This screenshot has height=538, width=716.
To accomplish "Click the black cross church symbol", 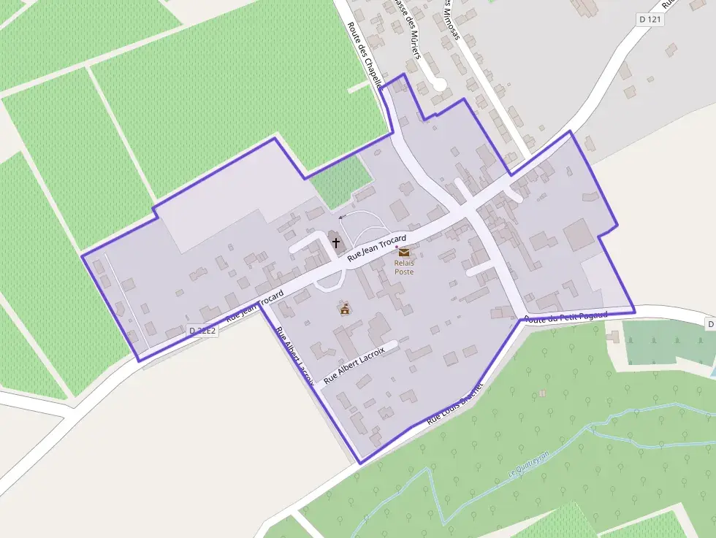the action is [335, 242].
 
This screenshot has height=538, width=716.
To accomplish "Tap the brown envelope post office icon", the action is [404, 253].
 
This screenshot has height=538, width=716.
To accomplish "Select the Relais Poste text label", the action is [404, 267].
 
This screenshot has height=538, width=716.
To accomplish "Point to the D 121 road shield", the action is [650, 20].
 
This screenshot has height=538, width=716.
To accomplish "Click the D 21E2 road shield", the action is [202, 331].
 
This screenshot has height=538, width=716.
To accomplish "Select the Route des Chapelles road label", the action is [365, 54].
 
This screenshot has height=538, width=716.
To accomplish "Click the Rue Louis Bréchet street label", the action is [455, 402].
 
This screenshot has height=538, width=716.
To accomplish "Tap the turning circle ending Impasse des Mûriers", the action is [439, 85].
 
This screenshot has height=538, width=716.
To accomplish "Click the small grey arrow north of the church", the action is [341, 217].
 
